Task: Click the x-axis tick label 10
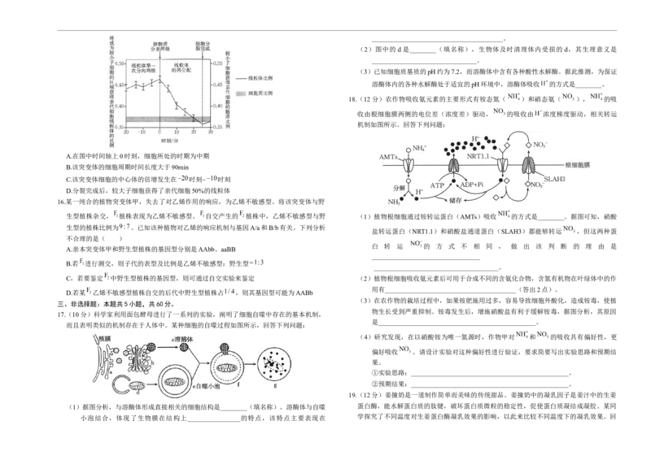pos(177,131)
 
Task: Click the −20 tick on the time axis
pos(127,131)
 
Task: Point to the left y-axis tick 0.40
pos(119,106)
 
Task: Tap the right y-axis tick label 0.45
pos(217,85)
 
